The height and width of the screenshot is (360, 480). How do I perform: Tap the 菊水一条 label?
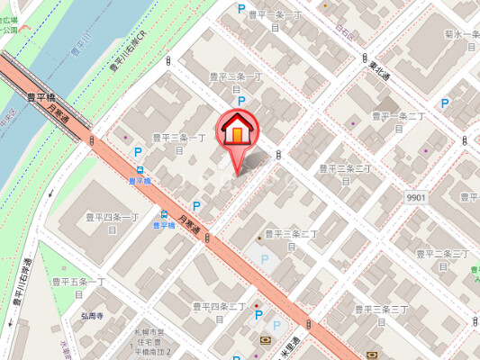[x=460, y=39]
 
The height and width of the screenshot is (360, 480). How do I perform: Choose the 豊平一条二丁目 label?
[x=397, y=121]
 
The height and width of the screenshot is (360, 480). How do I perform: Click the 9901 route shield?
[x=415, y=197]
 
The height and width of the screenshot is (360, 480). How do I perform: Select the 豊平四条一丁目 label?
[x=113, y=222]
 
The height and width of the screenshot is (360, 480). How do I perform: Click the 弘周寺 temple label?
[x=91, y=317]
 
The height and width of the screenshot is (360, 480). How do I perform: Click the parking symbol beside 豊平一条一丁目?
[x=240, y=8]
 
